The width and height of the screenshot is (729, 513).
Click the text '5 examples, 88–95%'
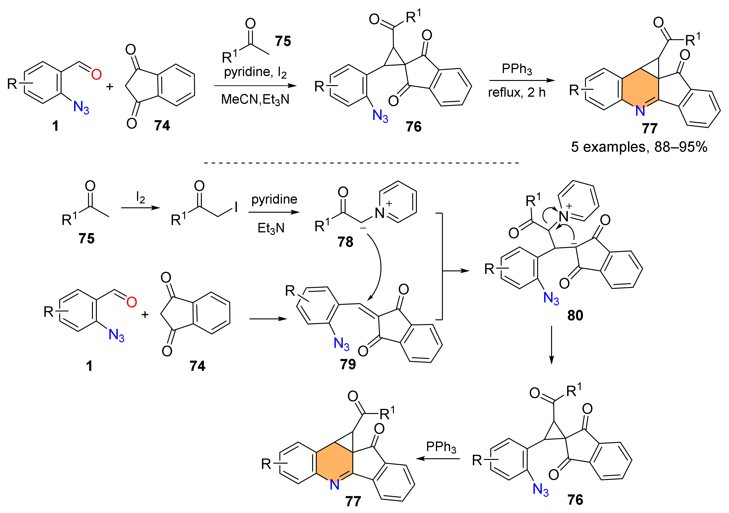pyautogui.click(x=639, y=147)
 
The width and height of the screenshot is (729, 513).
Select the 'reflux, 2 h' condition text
pyautogui.click(x=517, y=93)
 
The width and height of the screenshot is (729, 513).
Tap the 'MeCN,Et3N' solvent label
pyautogui.click(x=255, y=99)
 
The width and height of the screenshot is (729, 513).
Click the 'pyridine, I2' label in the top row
pyautogui.click(x=255, y=72)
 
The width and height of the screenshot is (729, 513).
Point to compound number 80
pyautogui.click(x=575, y=315)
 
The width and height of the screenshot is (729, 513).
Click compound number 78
pyautogui.click(x=345, y=242)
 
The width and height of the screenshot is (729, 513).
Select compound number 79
pyautogui.click(x=348, y=364)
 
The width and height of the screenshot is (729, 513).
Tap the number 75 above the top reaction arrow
pyautogui.click(x=283, y=41)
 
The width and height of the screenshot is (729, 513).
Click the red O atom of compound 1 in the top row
pyautogui.click(x=96, y=74)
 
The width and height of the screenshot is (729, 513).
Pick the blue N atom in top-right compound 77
pyautogui.click(x=640, y=111)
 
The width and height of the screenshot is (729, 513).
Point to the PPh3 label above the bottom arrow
pyautogui.click(x=441, y=447)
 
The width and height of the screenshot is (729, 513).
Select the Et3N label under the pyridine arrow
pyautogui.click(x=271, y=228)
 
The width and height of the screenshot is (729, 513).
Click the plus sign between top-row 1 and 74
pyautogui.click(x=110, y=87)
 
